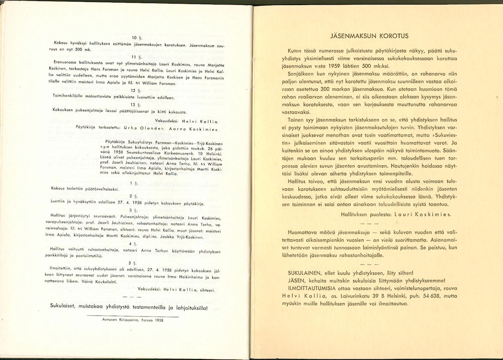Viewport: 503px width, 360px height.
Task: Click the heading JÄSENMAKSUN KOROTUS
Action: pyautogui.click(x=369, y=36)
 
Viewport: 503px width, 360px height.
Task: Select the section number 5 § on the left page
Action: pyautogui.click(x=133, y=262)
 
